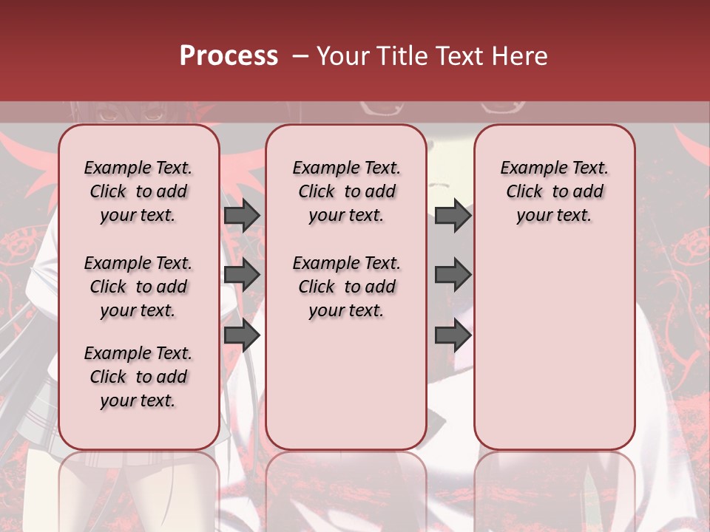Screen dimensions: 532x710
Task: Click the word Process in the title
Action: click(229, 55)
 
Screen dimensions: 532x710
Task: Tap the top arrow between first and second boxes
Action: click(242, 215)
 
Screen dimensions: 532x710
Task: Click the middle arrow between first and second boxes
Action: click(242, 275)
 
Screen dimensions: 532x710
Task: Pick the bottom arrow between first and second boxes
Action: click(242, 335)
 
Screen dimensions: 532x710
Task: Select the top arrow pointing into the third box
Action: click(453, 215)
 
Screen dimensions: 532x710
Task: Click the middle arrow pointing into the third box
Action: click(453, 275)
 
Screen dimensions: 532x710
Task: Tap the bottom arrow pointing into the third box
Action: click(453, 335)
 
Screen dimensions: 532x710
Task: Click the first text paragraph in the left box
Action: click(138, 191)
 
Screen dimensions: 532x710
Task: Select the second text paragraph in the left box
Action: click(138, 287)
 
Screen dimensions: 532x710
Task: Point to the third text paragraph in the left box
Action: click(138, 377)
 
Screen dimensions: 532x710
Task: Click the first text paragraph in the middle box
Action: click(346, 191)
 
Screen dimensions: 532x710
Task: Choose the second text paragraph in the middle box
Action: click(346, 287)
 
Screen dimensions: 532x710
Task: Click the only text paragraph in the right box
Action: click(554, 191)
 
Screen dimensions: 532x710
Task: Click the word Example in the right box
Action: click(528, 168)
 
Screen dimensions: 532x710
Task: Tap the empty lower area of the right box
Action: click(554, 347)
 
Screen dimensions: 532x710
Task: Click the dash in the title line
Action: click(300, 56)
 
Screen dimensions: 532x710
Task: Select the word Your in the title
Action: click(344, 55)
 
